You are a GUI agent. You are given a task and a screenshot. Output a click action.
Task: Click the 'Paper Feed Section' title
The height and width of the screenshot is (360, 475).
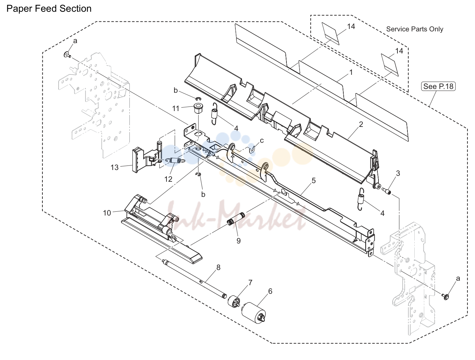click(49, 9)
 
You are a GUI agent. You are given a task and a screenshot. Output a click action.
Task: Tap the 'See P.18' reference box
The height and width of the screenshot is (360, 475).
click(438, 86)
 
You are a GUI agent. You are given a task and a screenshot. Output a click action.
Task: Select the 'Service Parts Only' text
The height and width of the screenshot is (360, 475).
click(415, 29)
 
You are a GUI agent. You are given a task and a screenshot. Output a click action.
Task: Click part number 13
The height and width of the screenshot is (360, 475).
click(115, 167)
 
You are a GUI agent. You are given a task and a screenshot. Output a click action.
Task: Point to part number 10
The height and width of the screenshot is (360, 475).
click(107, 213)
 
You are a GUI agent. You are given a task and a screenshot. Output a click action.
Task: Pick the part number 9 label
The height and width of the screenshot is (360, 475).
click(239, 241)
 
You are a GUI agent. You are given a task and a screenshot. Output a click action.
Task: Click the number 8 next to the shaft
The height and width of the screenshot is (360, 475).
click(218, 268)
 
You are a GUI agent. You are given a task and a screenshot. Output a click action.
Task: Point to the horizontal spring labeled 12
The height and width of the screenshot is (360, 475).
click(175, 161)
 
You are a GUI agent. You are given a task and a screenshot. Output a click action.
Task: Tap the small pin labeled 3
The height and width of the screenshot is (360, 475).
click(386, 191)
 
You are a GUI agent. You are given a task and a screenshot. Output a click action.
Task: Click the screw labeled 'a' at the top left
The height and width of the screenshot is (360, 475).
click(67, 55)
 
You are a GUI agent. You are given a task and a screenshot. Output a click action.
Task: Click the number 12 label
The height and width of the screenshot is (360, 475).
click(168, 179)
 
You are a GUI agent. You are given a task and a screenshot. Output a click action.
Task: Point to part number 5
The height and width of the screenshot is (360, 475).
click(314, 180)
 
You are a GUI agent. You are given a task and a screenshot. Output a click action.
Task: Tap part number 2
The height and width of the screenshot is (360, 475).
click(361, 124)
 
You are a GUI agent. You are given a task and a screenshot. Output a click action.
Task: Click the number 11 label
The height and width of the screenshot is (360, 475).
click(176, 108)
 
